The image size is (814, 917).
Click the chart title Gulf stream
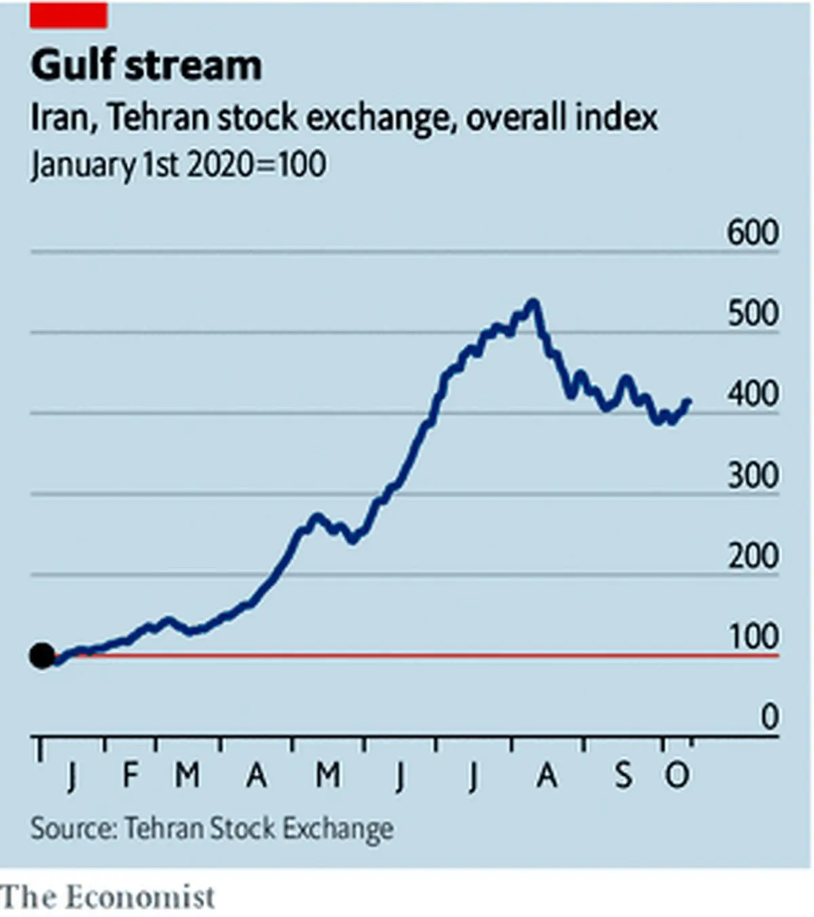(147, 66)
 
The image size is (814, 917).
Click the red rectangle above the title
(69, 15)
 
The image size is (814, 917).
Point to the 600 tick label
(753, 233)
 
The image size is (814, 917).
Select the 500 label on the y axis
(753, 313)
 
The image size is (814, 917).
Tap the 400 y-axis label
(753, 394)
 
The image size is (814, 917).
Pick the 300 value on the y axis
(753, 475)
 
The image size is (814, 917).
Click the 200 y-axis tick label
(753, 555)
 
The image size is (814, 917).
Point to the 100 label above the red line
(754, 636)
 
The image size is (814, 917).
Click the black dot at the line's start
(42, 655)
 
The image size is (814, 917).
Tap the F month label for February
(130, 775)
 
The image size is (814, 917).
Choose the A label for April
(256, 775)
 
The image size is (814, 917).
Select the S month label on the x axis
(623, 775)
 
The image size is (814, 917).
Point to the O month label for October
(677, 775)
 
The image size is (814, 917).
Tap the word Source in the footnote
(74, 828)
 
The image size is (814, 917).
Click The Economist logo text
(107, 897)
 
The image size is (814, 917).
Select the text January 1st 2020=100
(178, 164)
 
